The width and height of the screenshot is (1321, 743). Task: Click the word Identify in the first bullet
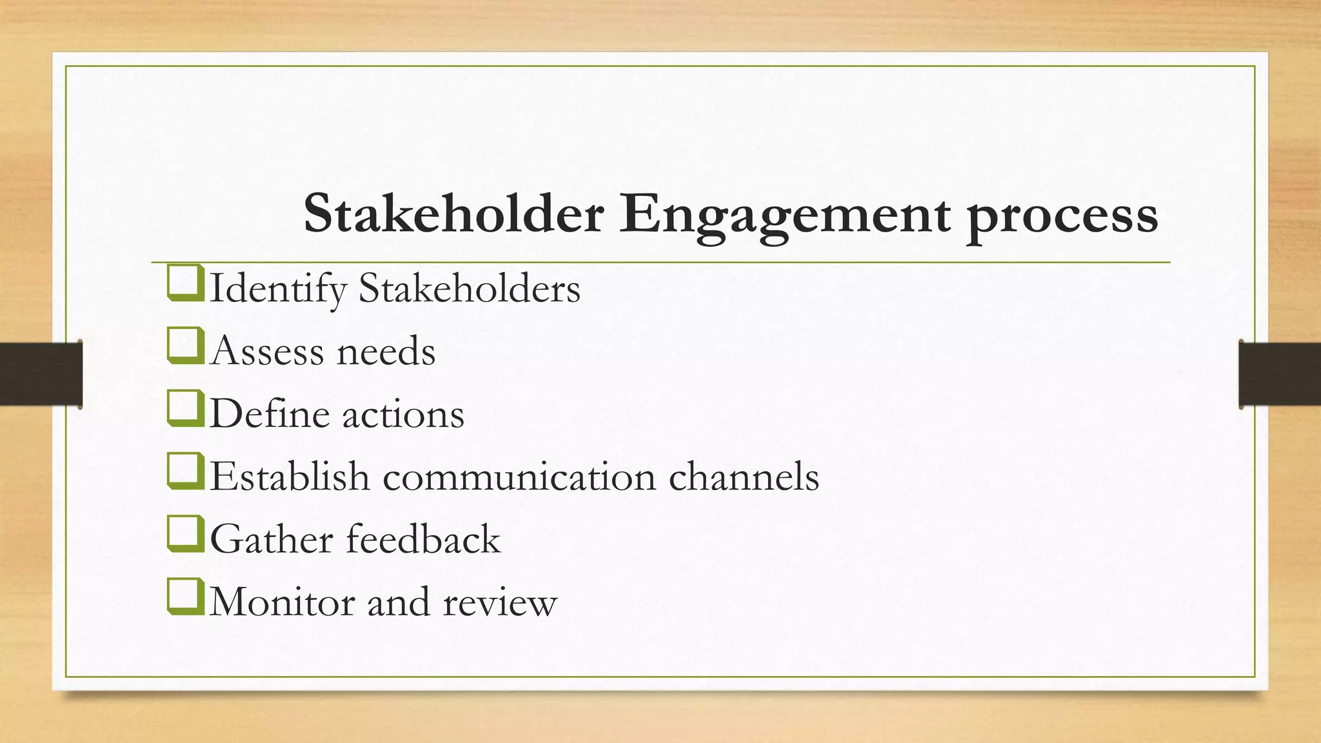[278, 288]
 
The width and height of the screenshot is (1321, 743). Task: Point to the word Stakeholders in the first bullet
[470, 288]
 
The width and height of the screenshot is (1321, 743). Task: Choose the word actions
[403, 414]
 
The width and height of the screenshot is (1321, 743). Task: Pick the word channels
[743, 477]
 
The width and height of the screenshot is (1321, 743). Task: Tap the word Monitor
[283, 602]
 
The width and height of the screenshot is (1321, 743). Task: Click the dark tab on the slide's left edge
[41, 374]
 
